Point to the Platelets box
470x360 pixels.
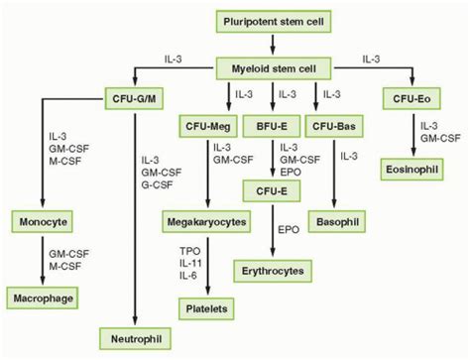[206, 309]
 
